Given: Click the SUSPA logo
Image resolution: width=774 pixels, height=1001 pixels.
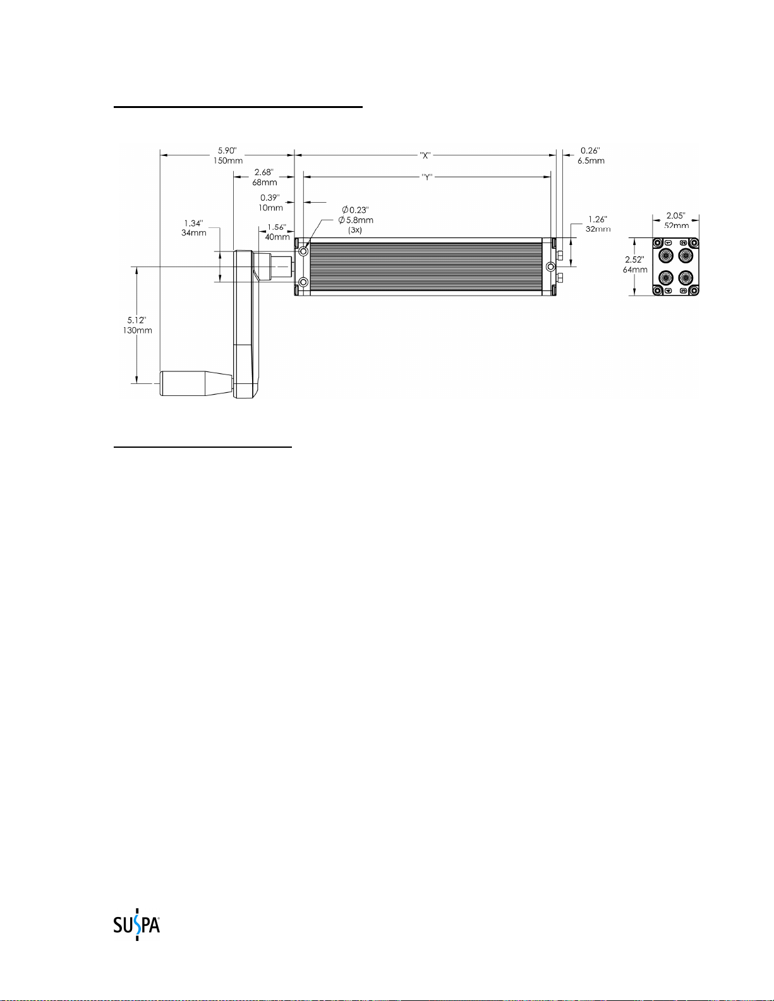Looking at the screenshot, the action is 136,925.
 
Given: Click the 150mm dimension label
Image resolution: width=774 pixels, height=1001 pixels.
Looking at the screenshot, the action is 227,161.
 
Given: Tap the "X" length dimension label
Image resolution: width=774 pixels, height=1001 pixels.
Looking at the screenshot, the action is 425,156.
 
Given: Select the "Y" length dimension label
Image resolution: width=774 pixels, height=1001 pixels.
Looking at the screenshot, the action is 427,177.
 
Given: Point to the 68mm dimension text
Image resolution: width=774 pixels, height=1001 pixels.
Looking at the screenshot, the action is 265,183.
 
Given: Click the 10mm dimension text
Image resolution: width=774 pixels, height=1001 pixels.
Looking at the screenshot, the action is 270,208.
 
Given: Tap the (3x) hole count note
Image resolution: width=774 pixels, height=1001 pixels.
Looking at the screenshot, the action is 354,230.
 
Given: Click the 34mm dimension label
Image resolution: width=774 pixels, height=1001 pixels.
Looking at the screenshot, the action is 193,233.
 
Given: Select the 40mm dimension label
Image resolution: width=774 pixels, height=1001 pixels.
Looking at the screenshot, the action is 277,237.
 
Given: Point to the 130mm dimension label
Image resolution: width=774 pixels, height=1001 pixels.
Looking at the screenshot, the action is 137,330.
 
